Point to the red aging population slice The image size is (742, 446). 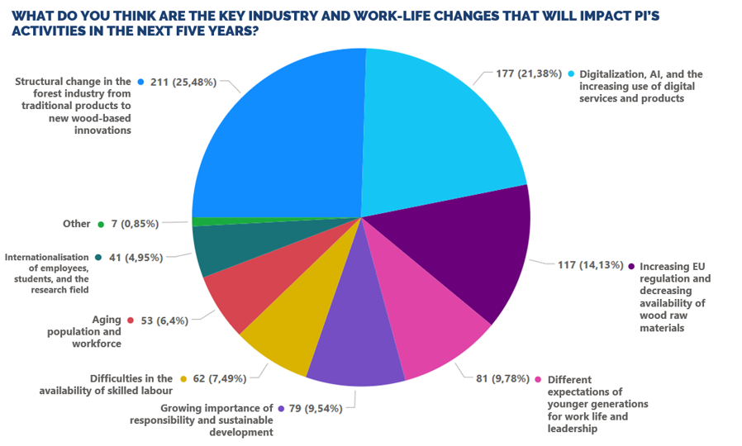coord(265,284)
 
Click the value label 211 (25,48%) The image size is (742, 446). coord(183,83)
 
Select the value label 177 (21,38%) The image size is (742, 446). coord(529,74)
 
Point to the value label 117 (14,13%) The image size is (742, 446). coord(590,265)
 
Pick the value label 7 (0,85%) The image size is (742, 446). coord(135,224)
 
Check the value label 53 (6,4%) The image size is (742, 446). coord(164,320)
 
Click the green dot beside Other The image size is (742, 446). coord(101,225)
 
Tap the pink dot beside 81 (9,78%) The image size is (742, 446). coord(538,379)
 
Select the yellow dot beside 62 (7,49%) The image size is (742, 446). coord(183,379)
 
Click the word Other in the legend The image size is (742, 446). coord(77,224)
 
